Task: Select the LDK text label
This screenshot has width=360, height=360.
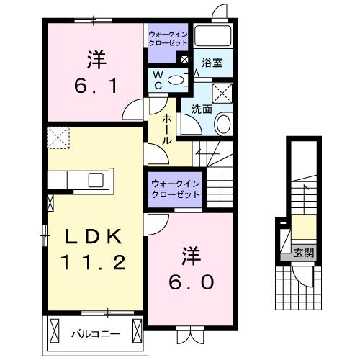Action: (x=88, y=237)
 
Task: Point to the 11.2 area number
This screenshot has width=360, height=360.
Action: (x=89, y=263)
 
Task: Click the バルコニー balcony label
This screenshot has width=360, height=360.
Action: (x=91, y=334)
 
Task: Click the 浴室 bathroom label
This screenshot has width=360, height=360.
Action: (x=212, y=63)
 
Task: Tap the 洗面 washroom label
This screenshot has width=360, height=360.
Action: (x=202, y=109)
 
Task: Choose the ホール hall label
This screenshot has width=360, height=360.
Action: (x=167, y=129)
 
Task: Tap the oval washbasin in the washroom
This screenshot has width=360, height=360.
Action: (x=223, y=124)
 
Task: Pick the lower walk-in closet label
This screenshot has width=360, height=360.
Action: (x=175, y=189)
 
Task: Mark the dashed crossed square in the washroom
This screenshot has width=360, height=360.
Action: (x=222, y=91)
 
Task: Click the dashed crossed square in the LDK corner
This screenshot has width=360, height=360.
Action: (x=57, y=136)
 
